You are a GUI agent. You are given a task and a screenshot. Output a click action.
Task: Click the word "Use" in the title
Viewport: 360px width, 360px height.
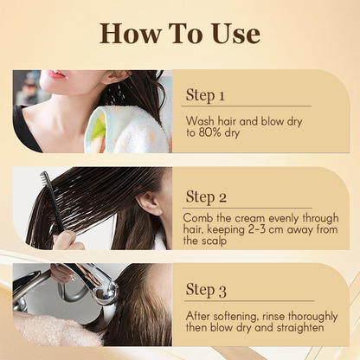[x=235, y=34]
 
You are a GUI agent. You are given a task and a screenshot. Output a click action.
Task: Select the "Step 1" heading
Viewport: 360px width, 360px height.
[x=205, y=95]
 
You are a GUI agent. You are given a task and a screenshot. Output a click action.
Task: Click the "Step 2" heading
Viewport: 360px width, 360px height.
[x=206, y=197]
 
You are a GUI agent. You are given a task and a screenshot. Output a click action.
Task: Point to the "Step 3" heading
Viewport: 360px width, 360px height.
[x=206, y=290]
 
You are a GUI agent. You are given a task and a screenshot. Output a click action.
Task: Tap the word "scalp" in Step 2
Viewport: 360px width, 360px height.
[x=213, y=241]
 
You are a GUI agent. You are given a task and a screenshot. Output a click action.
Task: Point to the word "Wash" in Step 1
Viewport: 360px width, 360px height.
[x=200, y=121]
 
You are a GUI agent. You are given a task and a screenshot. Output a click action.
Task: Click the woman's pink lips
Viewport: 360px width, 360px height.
[x=55, y=74]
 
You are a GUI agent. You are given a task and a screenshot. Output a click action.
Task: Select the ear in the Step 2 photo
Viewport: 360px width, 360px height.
[x=150, y=203]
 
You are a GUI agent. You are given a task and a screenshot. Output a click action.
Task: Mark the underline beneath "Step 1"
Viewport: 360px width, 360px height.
[x=246, y=106]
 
